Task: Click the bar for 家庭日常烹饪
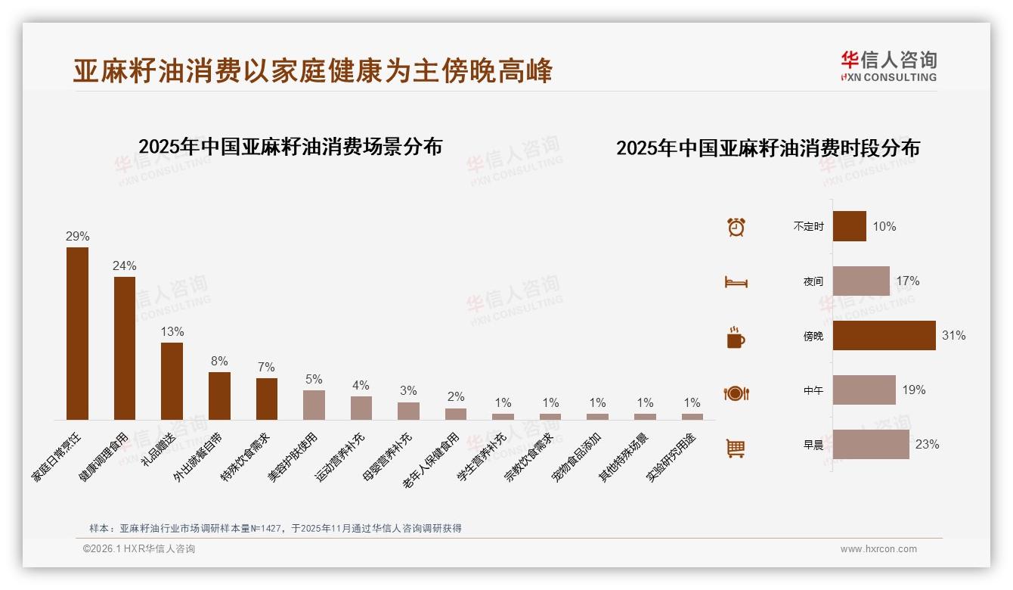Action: [77, 333]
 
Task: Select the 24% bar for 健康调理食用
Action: [125, 348]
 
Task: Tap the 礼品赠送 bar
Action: [172, 380]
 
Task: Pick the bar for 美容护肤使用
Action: [314, 405]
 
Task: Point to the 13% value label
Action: [172, 331]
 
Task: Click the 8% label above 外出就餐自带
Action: [219, 361]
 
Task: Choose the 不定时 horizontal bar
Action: [849, 226]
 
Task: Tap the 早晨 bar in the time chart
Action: [871, 444]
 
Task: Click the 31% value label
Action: [953, 335]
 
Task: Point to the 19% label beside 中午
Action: [913, 390]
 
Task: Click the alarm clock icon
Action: [736, 227]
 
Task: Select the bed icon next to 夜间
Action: [736, 282]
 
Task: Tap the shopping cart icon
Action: [736, 448]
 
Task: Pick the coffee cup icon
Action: [736, 337]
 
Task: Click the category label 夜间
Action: [813, 281]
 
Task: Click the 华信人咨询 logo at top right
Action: [888, 66]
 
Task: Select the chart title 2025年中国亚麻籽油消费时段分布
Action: [767, 148]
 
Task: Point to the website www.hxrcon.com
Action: [878, 549]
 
